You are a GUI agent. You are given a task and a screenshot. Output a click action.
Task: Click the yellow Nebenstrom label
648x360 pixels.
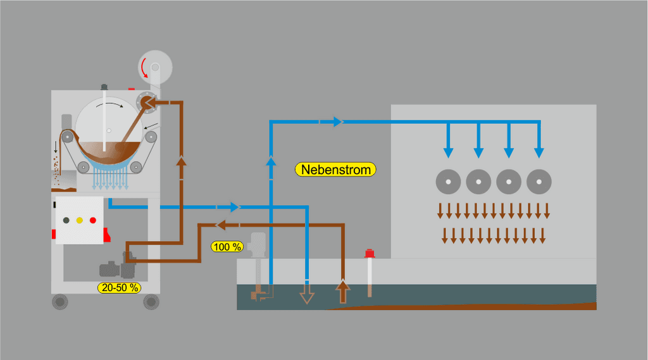[x=336, y=170]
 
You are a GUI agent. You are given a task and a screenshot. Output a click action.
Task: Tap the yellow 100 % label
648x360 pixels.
[x=227, y=246]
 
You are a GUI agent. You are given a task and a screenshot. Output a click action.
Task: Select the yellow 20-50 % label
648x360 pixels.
[x=119, y=287]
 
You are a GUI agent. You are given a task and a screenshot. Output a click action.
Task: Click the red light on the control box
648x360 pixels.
[x=93, y=220]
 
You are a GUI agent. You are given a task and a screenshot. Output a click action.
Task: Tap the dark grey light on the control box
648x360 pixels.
[x=66, y=220]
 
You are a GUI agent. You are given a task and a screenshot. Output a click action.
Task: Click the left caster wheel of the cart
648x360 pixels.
[x=60, y=302]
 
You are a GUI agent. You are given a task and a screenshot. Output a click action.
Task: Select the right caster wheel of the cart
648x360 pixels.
[x=151, y=302]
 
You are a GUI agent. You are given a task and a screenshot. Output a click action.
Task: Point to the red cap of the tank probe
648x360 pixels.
[x=370, y=254]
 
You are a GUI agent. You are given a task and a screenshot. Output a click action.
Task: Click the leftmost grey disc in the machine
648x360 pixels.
[x=448, y=182]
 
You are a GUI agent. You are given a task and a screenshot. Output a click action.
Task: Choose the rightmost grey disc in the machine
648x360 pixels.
[x=539, y=182]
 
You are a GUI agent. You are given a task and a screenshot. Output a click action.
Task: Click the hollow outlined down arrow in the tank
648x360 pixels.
[x=307, y=296]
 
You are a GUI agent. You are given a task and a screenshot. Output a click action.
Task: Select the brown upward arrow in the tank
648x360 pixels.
[x=342, y=291]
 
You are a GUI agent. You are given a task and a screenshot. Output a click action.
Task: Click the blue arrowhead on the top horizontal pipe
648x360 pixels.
[x=338, y=121]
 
